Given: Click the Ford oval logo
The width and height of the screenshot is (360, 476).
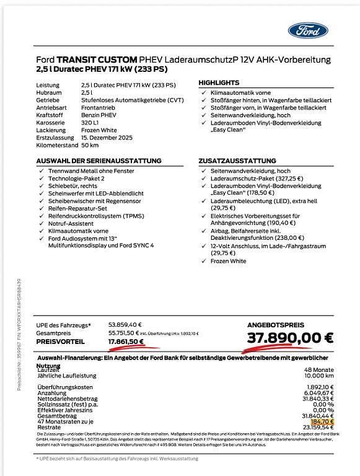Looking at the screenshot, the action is click(308, 30).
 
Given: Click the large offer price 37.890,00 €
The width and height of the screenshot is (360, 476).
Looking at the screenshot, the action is click(290, 338).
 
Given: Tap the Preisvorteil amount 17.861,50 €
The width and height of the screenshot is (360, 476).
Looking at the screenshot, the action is click(126, 341).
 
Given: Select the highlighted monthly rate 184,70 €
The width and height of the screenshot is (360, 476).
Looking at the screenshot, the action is click(322, 421).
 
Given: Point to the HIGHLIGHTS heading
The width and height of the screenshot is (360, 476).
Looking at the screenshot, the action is click(219, 82).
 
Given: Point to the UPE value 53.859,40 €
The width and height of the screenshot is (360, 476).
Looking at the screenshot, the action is click(125, 324).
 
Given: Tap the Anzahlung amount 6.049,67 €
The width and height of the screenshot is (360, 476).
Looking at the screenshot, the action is click(317, 393).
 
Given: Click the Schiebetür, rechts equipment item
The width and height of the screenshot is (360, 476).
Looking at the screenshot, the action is click(72, 185).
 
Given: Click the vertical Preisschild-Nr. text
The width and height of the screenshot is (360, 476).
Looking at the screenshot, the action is click(21, 335).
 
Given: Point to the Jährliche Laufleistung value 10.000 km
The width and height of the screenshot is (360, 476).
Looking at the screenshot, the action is click(318, 376).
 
